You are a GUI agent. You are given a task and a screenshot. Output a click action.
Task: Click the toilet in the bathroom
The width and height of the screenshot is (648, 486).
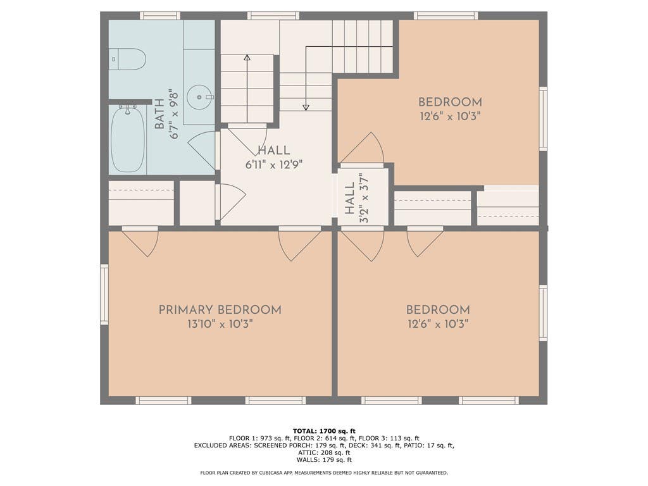[128, 59]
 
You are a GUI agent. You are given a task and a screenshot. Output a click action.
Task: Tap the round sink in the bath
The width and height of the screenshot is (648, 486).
[199, 97]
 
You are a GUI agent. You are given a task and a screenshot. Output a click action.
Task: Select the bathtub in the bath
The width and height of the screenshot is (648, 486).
[128, 139]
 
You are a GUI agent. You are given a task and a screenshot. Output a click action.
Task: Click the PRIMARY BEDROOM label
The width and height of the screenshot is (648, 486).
[220, 310]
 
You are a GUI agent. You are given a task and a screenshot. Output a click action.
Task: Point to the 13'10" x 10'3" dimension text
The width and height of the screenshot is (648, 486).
[220, 324]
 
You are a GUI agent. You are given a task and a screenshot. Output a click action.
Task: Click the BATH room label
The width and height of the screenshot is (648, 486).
[159, 114]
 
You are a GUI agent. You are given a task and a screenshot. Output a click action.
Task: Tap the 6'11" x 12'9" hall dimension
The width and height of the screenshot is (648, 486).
[274, 165]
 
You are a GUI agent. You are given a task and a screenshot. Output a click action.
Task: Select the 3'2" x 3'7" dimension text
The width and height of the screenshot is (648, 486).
[364, 198]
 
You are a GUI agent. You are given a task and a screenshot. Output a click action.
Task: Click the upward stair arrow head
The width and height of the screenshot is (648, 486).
[247, 58]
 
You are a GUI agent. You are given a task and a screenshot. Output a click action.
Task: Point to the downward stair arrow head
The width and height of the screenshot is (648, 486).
[306, 108]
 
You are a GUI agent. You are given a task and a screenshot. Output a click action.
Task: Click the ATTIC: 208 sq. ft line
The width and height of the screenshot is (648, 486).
[324, 452]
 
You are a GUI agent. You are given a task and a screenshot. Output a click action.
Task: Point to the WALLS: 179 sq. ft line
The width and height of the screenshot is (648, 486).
[324, 459]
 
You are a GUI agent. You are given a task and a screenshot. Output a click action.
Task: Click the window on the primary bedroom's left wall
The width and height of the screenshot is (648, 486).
[104, 294]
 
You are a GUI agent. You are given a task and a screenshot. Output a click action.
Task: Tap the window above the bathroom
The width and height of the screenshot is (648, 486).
[160, 16]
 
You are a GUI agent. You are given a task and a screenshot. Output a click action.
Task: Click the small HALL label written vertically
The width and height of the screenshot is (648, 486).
[350, 198]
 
